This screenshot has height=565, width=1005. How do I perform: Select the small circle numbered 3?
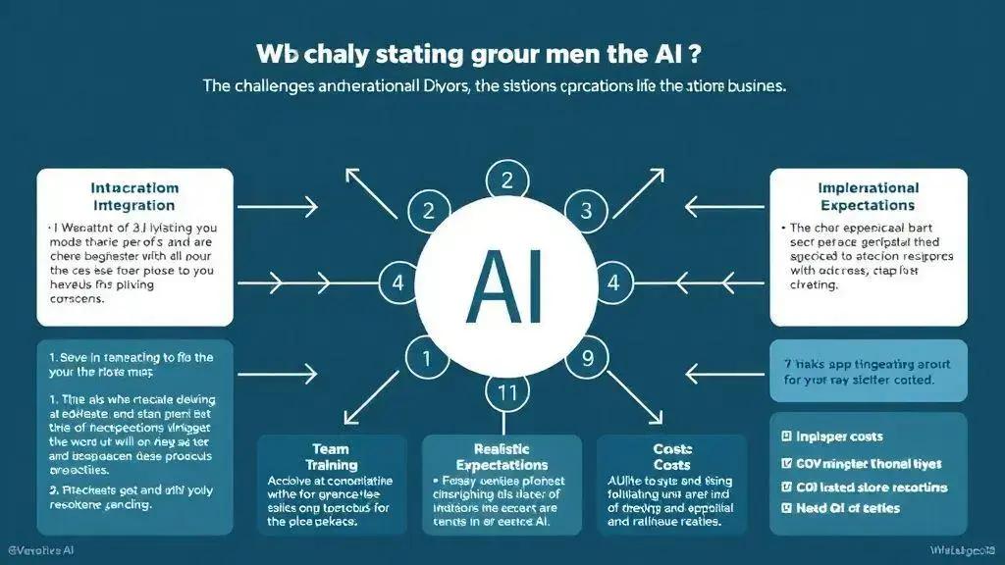[x=586, y=209]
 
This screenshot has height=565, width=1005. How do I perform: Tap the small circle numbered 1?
[x=426, y=358]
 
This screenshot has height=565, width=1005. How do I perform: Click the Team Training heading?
[x=331, y=456]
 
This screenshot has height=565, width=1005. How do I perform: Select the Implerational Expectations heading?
[x=868, y=196]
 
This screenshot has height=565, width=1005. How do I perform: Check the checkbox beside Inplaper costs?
[x=786, y=437]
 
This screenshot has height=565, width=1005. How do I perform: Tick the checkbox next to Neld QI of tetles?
[x=786, y=507]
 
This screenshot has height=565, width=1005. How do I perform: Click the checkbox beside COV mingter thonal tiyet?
[x=786, y=463]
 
